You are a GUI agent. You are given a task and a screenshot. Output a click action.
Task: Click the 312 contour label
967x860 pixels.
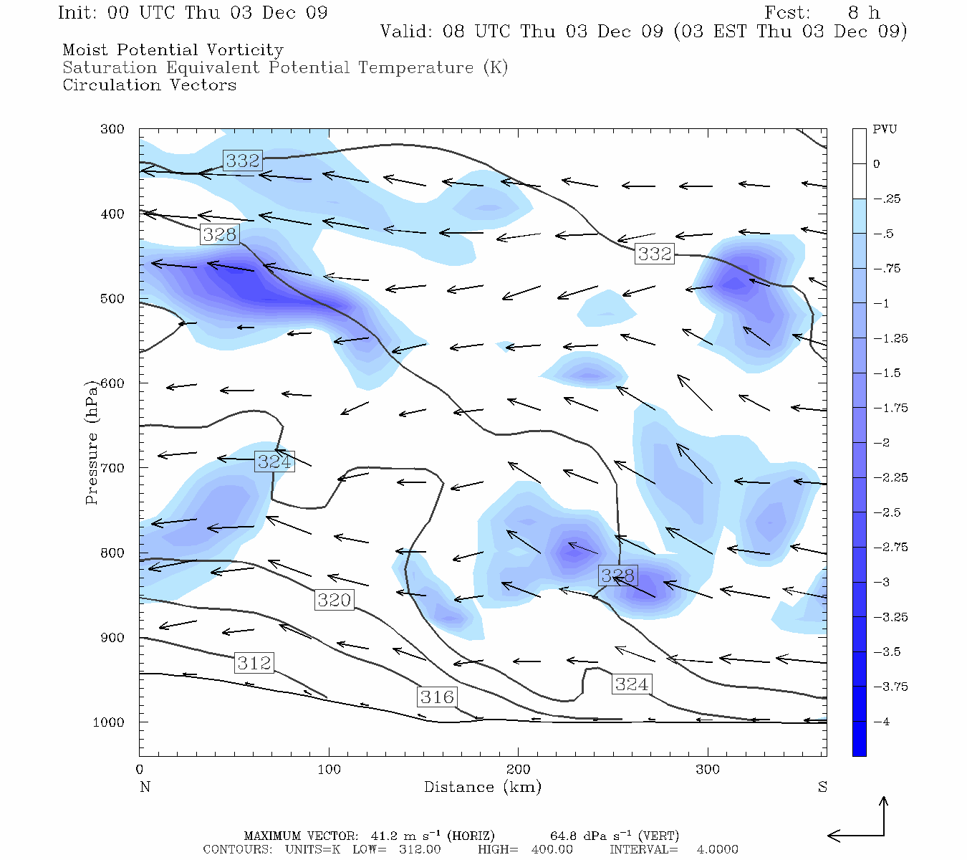254,663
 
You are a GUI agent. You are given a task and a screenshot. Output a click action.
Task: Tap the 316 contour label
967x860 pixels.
437,697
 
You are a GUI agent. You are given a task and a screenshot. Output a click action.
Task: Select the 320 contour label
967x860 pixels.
335,599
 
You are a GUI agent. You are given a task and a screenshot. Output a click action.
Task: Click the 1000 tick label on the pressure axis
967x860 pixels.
109,722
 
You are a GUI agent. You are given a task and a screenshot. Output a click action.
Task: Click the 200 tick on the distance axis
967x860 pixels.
518,770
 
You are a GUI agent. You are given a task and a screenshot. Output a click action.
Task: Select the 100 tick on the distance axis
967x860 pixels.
329,770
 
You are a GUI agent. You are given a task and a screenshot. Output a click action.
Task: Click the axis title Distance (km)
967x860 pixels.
482,787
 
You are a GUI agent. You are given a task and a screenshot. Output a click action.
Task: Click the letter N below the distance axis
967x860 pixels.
145,787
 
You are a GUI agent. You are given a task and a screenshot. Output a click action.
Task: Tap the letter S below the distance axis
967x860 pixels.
822,787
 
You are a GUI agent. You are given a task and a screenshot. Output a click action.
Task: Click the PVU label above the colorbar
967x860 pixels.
885,129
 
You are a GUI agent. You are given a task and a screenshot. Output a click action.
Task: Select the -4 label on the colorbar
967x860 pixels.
882,722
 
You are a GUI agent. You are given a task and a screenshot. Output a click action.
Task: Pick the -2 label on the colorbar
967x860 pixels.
882,443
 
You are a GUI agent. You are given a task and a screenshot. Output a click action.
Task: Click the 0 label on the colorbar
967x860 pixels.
877,164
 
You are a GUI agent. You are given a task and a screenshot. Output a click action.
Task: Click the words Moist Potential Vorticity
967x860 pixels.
173,50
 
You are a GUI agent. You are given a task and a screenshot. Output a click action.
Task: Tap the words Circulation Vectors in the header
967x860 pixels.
149,85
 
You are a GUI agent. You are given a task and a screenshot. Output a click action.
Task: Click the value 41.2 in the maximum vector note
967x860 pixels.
383,836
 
